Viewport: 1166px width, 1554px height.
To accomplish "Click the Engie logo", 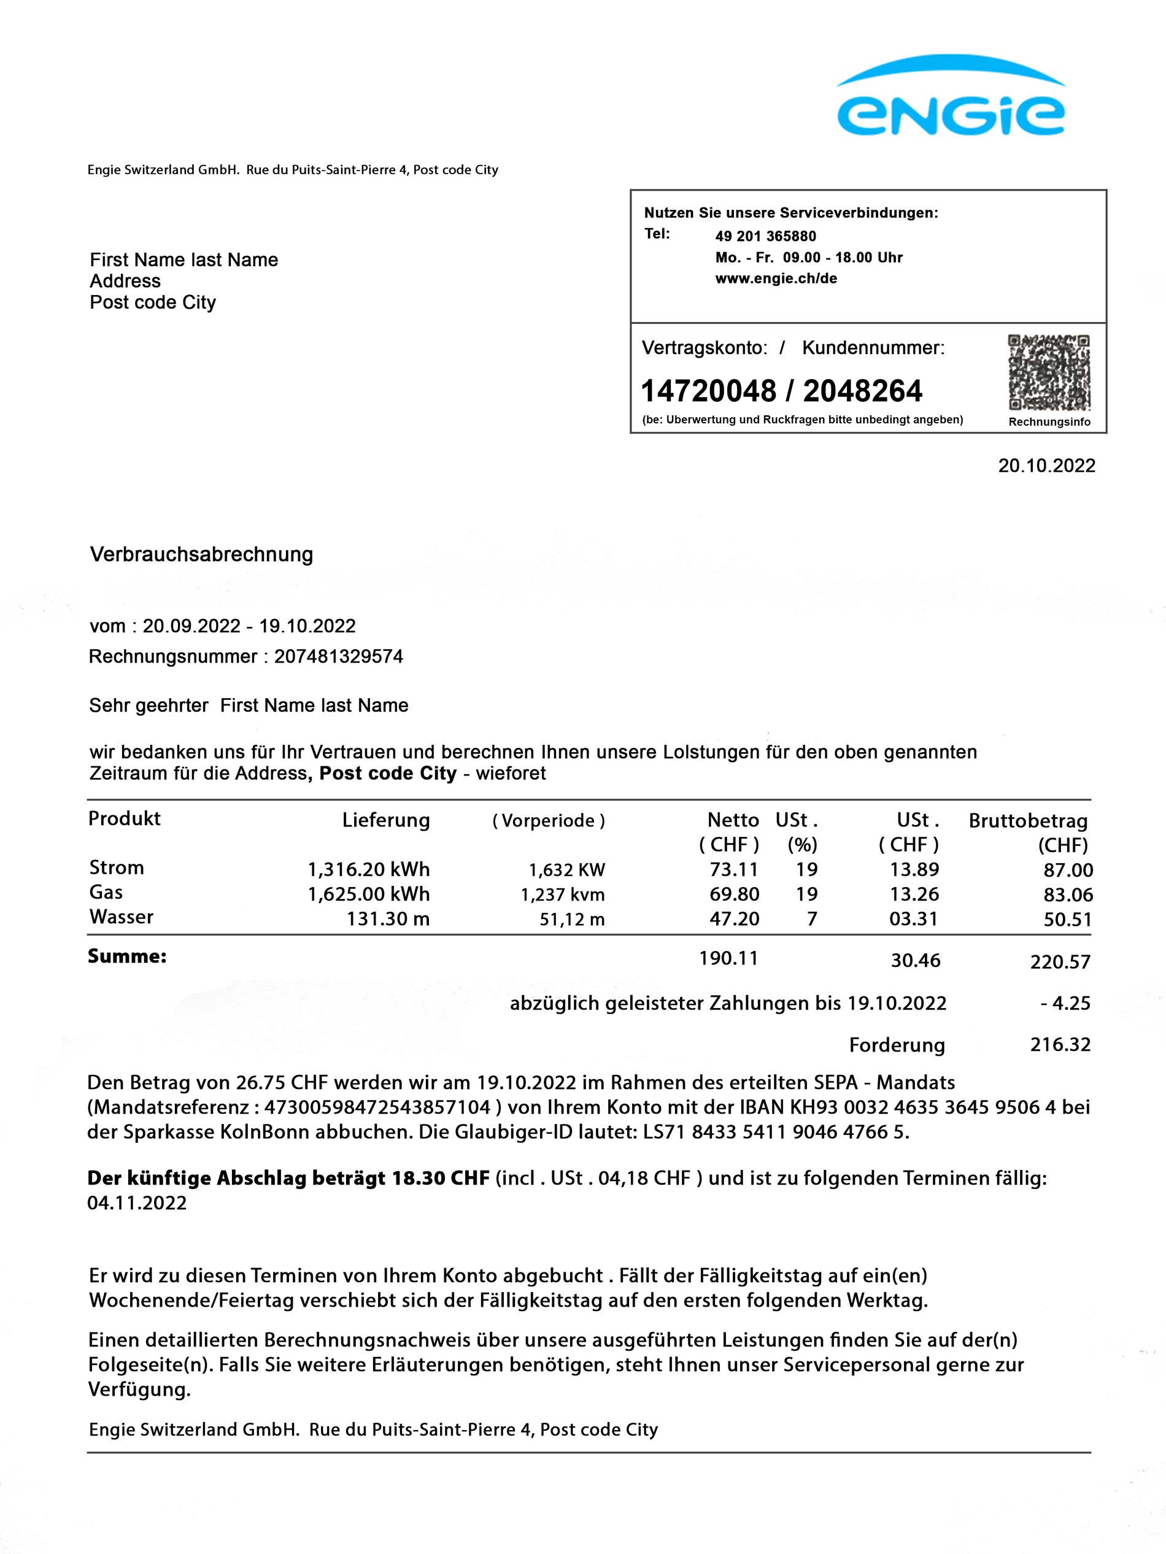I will click(950, 98).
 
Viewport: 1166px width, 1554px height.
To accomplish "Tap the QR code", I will click(1049, 372).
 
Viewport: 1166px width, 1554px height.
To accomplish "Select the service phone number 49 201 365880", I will click(765, 236).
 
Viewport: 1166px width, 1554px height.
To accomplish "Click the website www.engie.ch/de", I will click(776, 278).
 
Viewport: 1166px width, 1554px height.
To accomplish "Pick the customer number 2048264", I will click(862, 391).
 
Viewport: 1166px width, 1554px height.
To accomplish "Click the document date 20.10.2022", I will click(1046, 466).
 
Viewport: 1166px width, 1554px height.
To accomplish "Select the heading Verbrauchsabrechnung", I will click(202, 554).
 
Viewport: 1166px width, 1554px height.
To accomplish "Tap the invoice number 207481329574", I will click(339, 657).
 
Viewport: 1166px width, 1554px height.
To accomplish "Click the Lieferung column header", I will click(386, 820).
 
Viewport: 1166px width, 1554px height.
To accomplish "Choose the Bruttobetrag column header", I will click(1027, 820).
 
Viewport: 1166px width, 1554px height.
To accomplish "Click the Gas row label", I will click(106, 892).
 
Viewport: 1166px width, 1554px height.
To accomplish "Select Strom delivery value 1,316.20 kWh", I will click(368, 870).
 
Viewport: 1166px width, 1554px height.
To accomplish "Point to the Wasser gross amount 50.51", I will click(1068, 920).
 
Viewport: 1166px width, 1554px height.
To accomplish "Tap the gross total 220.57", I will click(1060, 962).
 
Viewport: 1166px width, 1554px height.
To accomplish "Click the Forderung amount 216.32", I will click(1060, 1045).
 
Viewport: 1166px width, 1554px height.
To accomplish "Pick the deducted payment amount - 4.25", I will click(1065, 1003).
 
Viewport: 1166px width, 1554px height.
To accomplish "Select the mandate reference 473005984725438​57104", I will click(377, 1108).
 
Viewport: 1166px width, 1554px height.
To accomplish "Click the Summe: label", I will click(127, 956).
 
